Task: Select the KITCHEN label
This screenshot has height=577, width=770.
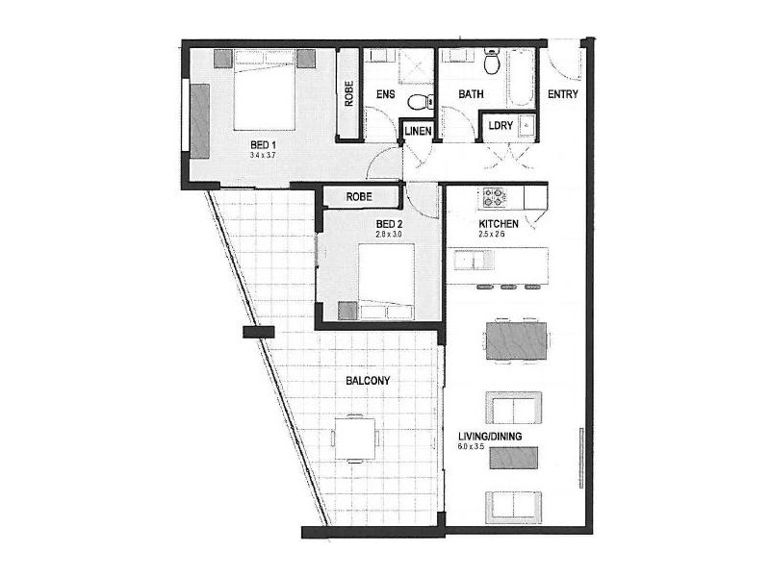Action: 499,224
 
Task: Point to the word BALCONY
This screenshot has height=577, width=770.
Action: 368,381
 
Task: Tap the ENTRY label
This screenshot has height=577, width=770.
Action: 563,95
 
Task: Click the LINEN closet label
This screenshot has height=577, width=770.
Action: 417,131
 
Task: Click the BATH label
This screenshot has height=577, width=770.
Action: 470,95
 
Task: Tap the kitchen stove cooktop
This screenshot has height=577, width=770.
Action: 495,198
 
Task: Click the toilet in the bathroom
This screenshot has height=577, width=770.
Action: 492,63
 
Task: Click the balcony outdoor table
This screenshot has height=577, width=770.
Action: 354,439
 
